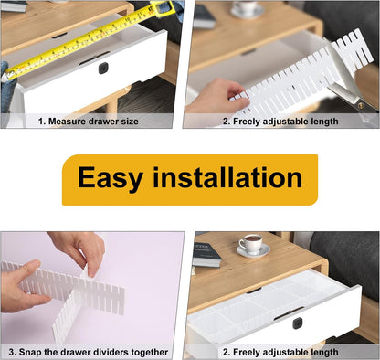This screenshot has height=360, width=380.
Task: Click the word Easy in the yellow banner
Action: pyautogui.click(x=110, y=178)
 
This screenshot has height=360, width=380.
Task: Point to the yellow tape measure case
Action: pyautogui.click(x=163, y=10)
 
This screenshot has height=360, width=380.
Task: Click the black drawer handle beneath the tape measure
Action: pyautogui.click(x=102, y=68)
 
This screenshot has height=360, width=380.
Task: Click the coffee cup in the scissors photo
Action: pyautogui.click(x=244, y=8)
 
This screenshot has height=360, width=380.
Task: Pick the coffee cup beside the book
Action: pyautogui.click(x=251, y=244)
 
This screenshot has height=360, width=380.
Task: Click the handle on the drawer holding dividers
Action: pyautogui.click(x=297, y=323)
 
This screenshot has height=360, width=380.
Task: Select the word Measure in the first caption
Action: pyautogui.click(x=69, y=121)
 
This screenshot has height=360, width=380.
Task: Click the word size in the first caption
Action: pyautogui.click(x=129, y=121)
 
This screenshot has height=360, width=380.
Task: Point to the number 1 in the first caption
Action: pyautogui.click(x=40, y=121)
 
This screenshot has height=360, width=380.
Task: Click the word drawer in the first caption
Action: pyautogui.click(x=103, y=121)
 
